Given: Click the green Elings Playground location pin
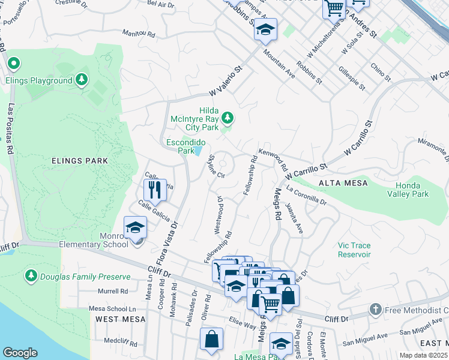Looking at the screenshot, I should coord(13,63).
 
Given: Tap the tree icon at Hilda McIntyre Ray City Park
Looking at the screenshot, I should coord(228,117).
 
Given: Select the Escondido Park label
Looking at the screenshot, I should coord(186,146).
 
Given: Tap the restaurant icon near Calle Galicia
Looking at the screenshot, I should coord(155,191).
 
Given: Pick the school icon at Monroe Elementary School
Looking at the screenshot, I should coord(136,228).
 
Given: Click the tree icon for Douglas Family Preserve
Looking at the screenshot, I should coord(31,276).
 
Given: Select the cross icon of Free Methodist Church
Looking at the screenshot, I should coord(375,310).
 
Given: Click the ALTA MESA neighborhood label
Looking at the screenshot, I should coord(339,182).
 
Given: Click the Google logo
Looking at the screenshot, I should coord(20,353).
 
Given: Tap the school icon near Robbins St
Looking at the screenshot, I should coord(265,29).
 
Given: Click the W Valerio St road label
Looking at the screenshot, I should coord(229,82).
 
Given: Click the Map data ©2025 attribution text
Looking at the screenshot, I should coord(423,355).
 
